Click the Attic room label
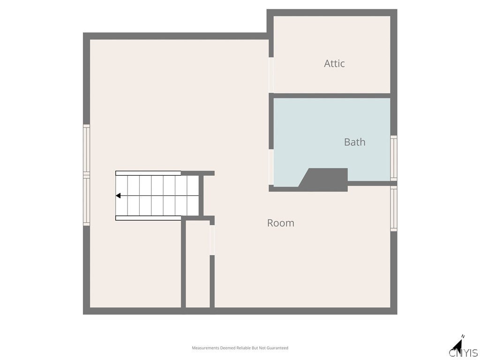click(334, 63)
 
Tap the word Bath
click(354, 142)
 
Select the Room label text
click(280, 223)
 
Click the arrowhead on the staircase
click(119, 195)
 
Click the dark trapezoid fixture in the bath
click(326, 180)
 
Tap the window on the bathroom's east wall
click(394, 158)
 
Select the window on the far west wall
click(86, 174)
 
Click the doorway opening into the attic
click(271, 75)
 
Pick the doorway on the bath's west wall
click(271, 167)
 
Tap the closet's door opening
click(212, 240)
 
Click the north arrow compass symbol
click(457, 347)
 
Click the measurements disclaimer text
click(240, 348)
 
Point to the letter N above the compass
click(463, 337)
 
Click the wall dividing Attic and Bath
click(331, 96)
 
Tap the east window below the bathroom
click(394, 209)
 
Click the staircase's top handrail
click(148, 173)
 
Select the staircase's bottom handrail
click(148, 218)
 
